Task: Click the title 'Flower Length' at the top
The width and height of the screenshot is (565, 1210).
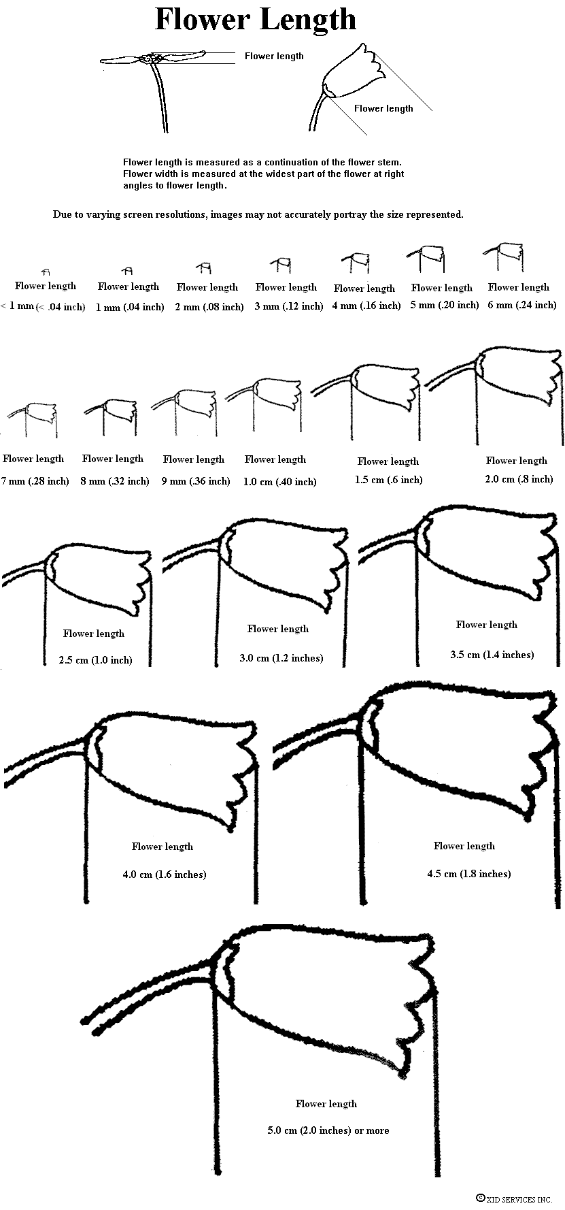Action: pos(256,20)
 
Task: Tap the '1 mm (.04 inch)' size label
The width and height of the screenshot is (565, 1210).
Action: pos(131,307)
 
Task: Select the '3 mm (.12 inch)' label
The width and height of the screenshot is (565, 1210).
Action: pos(288,306)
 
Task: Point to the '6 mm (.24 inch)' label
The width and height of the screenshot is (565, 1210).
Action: pos(521,305)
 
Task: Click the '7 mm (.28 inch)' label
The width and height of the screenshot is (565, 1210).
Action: pos(35,481)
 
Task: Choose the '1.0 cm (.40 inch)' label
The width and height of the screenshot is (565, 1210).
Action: pos(279,482)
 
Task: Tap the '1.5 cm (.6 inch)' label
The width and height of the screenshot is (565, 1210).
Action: pos(388,480)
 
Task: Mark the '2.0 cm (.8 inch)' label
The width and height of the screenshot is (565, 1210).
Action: pos(519,479)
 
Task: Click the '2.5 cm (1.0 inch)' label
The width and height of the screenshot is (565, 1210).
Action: pos(95,660)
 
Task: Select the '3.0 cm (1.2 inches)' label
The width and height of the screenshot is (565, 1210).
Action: pos(281,658)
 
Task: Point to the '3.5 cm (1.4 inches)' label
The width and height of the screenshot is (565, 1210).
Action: pos(492,655)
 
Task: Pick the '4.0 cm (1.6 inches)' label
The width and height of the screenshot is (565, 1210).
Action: pos(164,874)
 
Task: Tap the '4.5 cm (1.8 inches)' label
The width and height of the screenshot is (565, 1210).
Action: pos(468,874)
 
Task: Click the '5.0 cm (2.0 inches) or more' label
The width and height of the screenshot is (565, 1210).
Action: pos(328,1130)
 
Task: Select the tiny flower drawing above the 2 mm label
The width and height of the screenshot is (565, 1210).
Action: pos(204,267)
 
